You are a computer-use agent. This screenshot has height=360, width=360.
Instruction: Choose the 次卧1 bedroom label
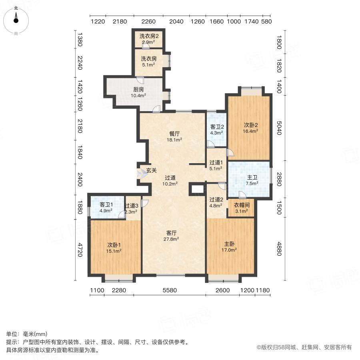click(114, 245)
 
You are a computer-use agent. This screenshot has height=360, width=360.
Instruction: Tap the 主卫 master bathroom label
click(251, 177)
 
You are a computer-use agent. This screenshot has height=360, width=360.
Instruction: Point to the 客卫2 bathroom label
click(216, 127)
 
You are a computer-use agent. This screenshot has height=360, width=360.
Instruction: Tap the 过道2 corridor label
click(216, 200)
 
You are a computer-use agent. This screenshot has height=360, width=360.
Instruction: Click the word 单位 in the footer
click(12, 334)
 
